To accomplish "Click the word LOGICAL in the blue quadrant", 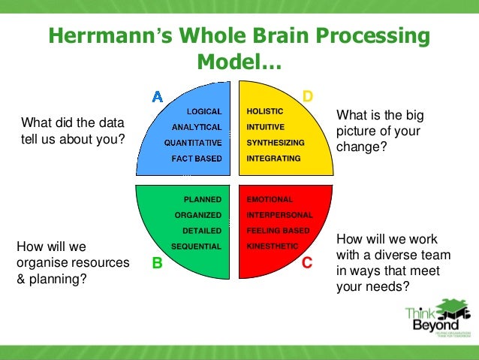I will click(204, 111).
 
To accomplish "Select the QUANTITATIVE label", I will click(193, 143).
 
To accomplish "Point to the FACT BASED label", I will click(197, 159).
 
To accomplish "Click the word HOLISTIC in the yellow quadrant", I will click(265, 111).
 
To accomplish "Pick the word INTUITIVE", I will click(266, 127).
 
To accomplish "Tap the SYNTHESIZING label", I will click(275, 143).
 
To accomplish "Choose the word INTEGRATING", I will click(273, 159).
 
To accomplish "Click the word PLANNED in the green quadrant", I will click(203, 199).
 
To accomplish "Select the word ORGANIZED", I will click(198, 215).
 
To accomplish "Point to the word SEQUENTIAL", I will click(196, 247).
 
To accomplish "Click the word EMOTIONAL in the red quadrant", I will click(270, 199).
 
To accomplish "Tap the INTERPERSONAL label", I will click(279, 215).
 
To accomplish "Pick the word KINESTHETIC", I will click(273, 247).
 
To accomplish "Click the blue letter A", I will click(157, 96).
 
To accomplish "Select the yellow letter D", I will click(307, 96).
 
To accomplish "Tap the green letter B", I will click(157, 263).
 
